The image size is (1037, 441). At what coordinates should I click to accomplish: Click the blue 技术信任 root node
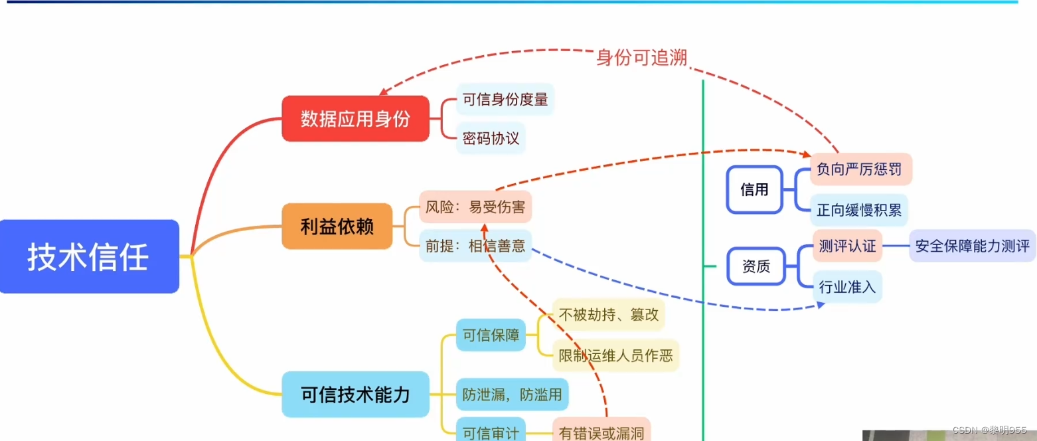(89, 256)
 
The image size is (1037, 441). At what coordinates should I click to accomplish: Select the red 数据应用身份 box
(355, 119)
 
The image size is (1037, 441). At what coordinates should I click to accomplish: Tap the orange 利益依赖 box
(337, 226)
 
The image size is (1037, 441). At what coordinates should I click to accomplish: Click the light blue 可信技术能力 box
(355, 395)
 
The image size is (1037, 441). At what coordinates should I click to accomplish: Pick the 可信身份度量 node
(505, 100)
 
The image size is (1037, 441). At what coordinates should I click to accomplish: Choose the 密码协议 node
(491, 138)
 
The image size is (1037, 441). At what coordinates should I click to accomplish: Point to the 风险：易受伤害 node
(475, 207)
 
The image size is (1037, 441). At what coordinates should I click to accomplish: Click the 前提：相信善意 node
(475, 246)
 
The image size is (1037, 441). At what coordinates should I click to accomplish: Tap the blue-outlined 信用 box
(754, 189)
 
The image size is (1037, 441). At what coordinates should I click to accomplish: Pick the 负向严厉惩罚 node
(861, 169)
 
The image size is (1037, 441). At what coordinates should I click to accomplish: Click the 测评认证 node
(846, 246)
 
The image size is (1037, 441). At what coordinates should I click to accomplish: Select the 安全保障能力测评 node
(972, 246)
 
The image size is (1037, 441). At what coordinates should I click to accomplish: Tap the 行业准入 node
(847, 287)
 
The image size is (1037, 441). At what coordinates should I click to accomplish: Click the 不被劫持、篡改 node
(608, 314)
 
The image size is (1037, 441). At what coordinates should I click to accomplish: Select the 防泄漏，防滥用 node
(512, 395)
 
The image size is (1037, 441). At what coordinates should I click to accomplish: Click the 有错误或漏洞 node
(601, 432)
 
